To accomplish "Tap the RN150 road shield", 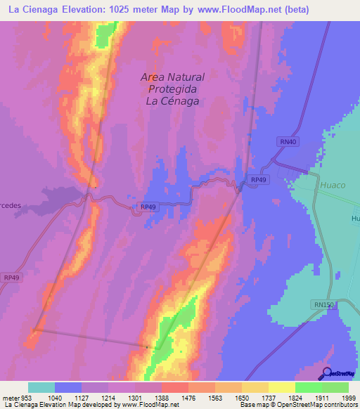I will [324, 304].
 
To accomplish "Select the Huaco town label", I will [333, 186].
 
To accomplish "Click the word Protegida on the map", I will [173, 89].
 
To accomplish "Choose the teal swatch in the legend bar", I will [41, 387].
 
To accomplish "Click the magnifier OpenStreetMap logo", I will [326, 373].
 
